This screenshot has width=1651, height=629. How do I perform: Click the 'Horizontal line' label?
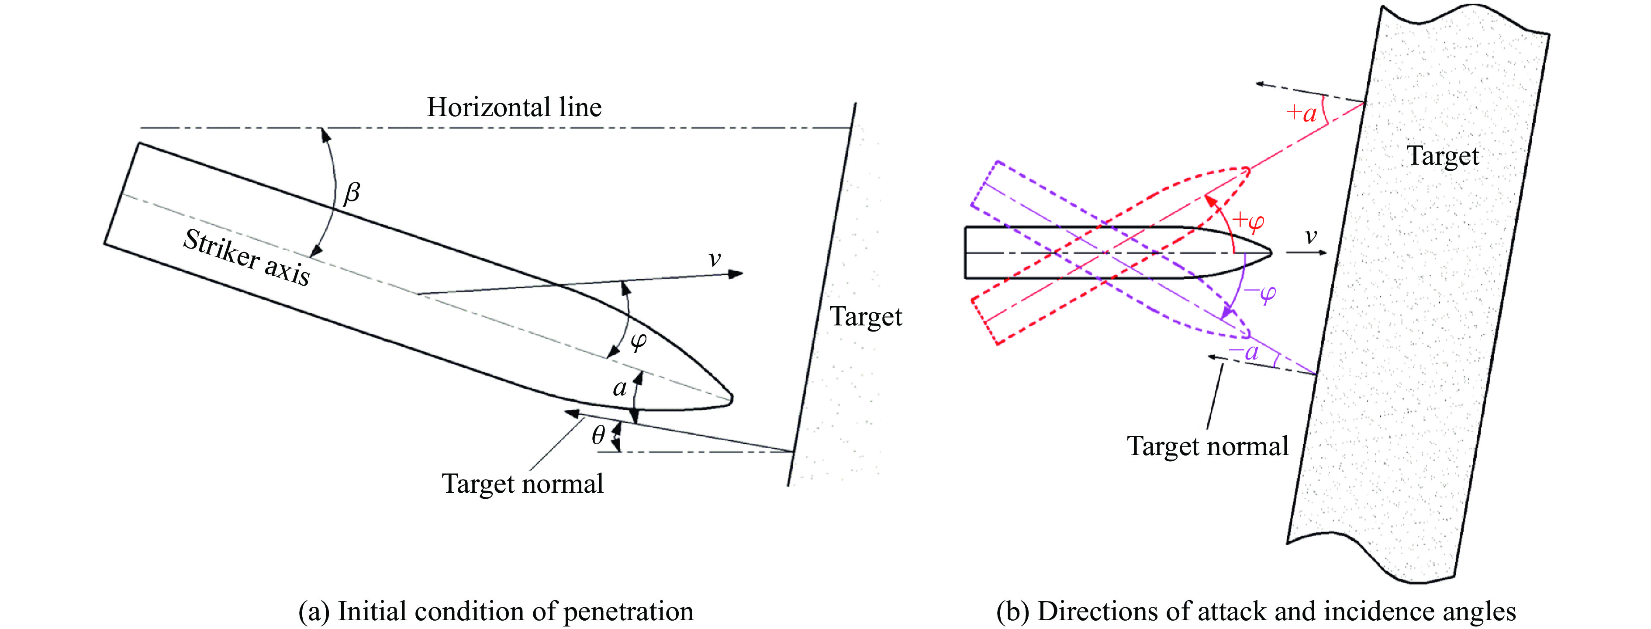[514, 107]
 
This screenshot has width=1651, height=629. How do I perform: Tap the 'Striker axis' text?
[247, 257]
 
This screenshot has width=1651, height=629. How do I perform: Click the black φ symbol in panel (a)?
[639, 341]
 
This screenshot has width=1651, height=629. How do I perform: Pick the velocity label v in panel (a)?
[715, 259]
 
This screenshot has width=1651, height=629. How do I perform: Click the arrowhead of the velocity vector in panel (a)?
[736, 274]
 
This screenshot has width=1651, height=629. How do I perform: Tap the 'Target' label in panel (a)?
[866, 317]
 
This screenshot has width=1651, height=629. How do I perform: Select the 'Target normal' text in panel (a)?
[522, 484]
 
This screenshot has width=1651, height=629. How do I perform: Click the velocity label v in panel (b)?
[1311, 237]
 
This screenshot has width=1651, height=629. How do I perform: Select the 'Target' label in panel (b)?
[1443, 156]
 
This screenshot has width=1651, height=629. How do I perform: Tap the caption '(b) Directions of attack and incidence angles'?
[1256, 612]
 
